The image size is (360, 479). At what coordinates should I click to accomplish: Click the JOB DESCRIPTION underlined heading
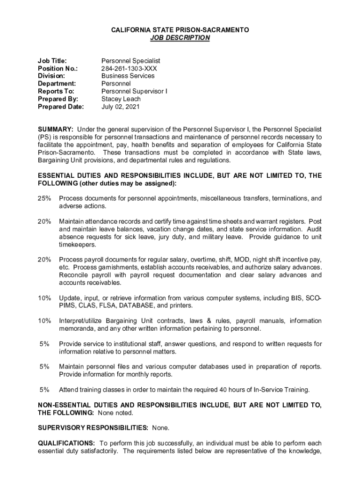(x=180, y=38)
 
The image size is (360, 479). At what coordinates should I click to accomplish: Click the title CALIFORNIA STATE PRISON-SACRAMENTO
(x=180, y=30)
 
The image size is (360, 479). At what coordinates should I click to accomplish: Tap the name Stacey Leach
(x=121, y=99)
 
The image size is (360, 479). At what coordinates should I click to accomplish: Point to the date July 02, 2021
(x=120, y=107)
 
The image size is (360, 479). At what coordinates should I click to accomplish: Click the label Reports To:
(x=56, y=91)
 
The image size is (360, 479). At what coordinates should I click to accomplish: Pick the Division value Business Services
(x=128, y=76)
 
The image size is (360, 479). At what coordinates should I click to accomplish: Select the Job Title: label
(x=52, y=61)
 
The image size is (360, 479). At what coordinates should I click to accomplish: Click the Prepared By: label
(x=58, y=99)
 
